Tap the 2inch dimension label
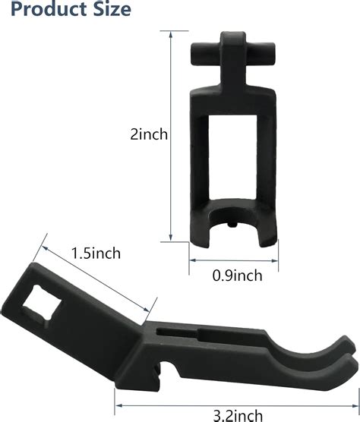[149, 134]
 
